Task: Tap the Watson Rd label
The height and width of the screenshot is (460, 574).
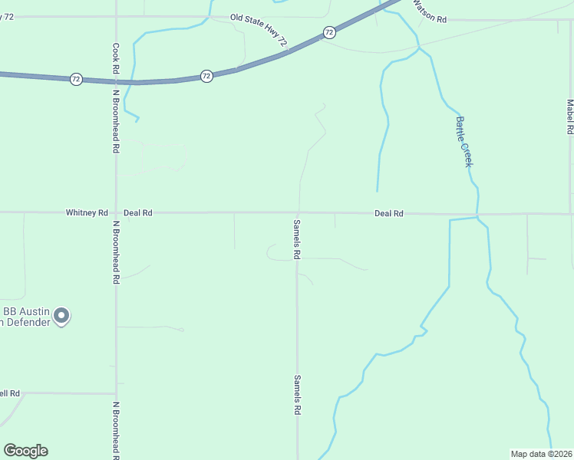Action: [x=430, y=13]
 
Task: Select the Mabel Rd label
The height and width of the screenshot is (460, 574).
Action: [x=569, y=117]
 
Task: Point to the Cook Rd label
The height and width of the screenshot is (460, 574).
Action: [x=116, y=58]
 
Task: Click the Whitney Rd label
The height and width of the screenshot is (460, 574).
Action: [x=87, y=212]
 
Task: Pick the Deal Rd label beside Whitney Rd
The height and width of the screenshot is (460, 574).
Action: [x=138, y=212]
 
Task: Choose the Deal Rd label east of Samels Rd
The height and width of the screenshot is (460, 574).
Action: [x=388, y=213]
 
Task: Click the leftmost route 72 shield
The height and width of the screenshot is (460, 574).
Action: [x=76, y=79]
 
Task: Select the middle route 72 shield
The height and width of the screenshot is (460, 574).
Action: [x=206, y=76]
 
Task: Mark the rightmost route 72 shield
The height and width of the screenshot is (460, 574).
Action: [x=329, y=32]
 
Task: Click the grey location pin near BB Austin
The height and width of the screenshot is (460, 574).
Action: [x=63, y=316]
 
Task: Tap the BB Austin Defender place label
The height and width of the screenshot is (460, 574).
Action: [x=26, y=317]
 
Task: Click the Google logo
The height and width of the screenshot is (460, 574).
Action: [x=25, y=451]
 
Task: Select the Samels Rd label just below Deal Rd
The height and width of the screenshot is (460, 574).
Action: [x=297, y=239]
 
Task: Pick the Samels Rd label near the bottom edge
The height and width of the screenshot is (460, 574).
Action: [x=297, y=395]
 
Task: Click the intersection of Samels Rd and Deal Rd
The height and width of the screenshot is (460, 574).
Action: [x=298, y=213]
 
